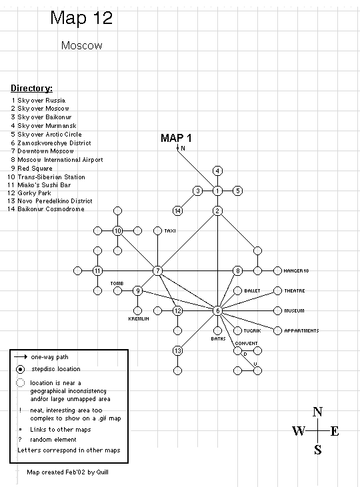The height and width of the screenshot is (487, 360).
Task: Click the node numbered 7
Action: (x=157, y=271)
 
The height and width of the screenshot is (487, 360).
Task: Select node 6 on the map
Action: (x=217, y=310)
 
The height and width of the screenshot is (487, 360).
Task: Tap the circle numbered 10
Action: (x=117, y=231)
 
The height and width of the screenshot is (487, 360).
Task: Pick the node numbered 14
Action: (x=177, y=211)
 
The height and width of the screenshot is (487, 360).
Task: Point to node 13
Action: (x=177, y=350)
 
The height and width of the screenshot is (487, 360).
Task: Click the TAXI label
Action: (x=170, y=231)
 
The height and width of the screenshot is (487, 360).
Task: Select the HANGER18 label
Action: (x=296, y=271)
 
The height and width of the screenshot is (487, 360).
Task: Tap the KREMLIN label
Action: (x=139, y=318)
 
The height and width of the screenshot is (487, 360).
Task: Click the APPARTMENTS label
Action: (x=301, y=331)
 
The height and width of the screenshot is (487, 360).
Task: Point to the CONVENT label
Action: (x=246, y=343)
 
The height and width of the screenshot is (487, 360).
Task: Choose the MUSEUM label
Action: (x=294, y=310)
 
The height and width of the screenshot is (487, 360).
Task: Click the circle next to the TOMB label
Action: (x=117, y=290)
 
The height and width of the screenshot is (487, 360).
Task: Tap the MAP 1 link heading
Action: (x=176, y=138)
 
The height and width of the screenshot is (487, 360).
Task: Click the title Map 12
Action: (x=81, y=18)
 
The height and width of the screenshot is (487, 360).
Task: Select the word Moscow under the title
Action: (x=82, y=45)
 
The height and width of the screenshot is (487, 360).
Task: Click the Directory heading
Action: (x=32, y=88)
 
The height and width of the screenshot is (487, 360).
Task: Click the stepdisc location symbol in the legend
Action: (x=20, y=369)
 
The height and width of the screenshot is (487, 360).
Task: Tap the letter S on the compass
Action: (x=317, y=450)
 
